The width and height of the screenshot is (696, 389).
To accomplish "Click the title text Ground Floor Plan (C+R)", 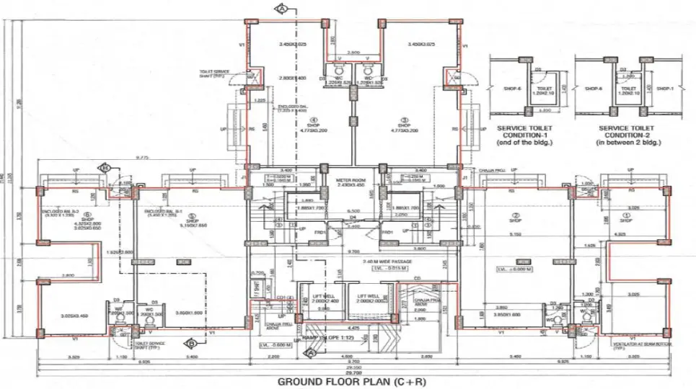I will pos(348,381).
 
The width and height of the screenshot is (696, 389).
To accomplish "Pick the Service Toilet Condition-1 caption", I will pos(524,135).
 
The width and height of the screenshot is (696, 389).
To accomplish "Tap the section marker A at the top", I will pos(283,9).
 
